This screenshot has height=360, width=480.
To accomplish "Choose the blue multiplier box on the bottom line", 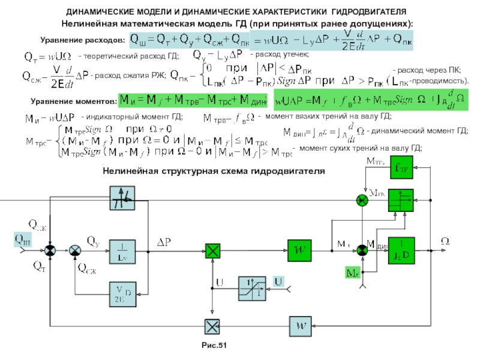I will (212, 325).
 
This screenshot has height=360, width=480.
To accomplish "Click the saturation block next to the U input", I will (251, 289).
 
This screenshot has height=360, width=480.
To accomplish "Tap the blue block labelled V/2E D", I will (121, 293).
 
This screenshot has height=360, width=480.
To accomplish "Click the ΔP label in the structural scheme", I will (164, 241).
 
